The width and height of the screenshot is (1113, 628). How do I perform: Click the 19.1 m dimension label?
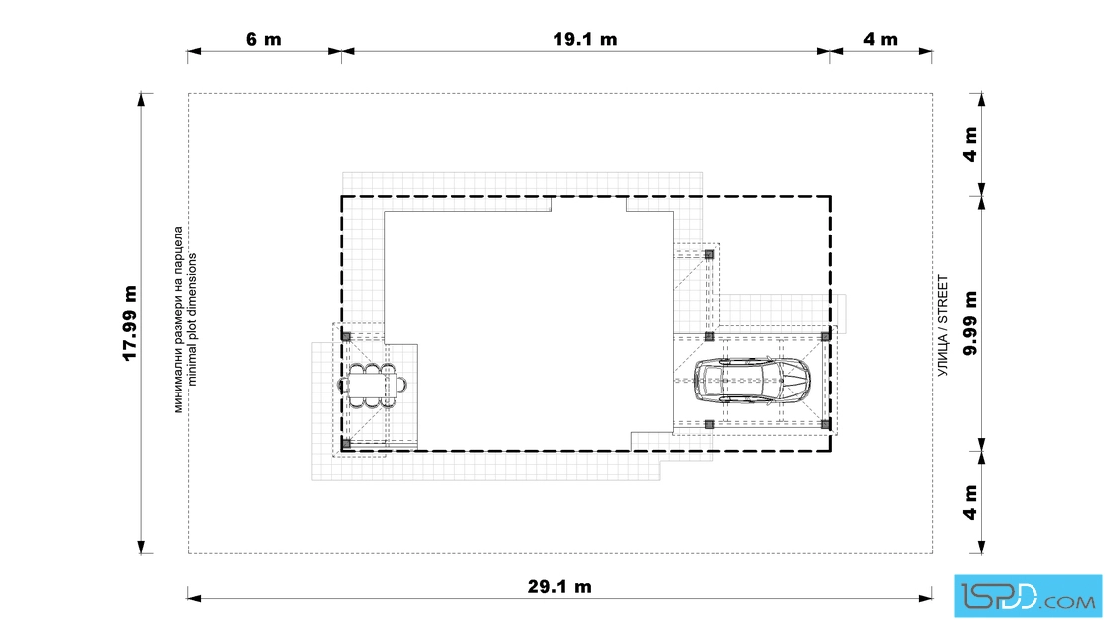pos(585,39)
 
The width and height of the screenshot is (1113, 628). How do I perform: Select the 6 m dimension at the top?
pos(264,39)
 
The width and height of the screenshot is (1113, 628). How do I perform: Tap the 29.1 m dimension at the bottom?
pos(559,587)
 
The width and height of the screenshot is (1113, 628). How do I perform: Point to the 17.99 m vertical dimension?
pos(130,324)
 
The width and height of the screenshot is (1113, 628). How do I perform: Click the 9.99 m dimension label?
pos(970,323)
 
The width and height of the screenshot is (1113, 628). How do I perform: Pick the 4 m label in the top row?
pos(880,39)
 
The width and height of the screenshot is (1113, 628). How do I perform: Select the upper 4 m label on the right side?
pos(970,145)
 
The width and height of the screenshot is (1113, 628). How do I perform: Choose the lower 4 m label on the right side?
pos(970,503)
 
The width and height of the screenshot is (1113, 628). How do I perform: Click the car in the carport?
pos(751,381)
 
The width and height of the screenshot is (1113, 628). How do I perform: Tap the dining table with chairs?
pos(372,386)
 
